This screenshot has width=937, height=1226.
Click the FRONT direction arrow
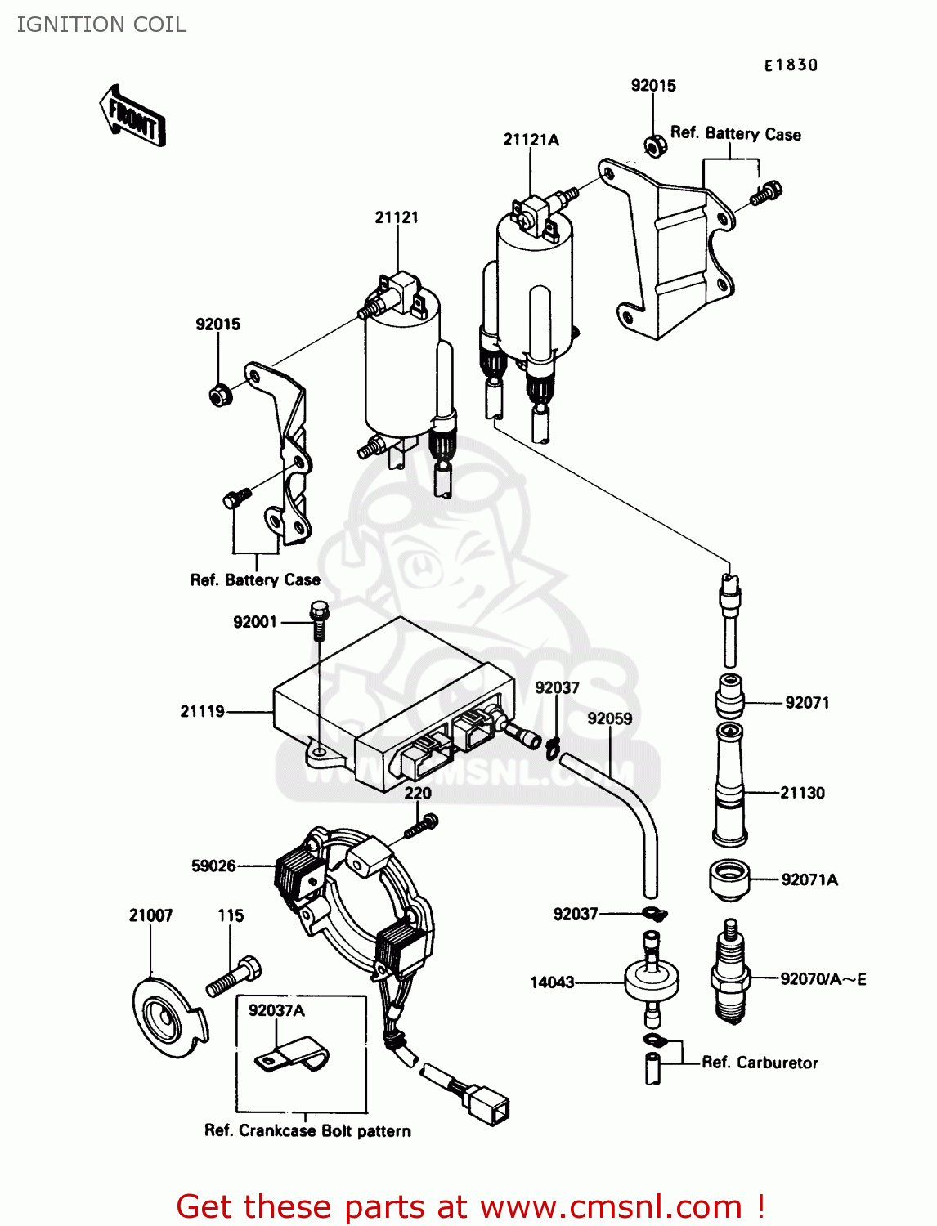pyautogui.click(x=133, y=117)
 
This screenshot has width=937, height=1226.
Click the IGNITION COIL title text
pyautogui.click(x=101, y=25)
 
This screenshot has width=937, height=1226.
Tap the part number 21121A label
pyautogui.click(x=531, y=140)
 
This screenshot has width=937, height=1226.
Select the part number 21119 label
pyautogui.click(x=202, y=711)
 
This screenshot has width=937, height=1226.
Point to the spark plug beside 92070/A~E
pyautogui.click(x=730, y=973)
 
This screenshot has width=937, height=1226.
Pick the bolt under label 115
pyautogui.click(x=233, y=977)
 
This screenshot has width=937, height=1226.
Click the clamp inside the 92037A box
pyautogui.click(x=292, y=1055)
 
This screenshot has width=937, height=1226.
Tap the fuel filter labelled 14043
pyautogui.click(x=652, y=979)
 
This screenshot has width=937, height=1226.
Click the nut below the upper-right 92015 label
pyautogui.click(x=654, y=146)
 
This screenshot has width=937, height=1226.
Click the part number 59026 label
pyautogui.click(x=213, y=866)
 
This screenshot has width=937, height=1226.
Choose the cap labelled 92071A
pyautogui.click(x=729, y=880)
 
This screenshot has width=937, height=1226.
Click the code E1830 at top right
pyautogui.click(x=791, y=65)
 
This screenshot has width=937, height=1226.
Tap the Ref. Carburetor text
pyautogui.click(x=760, y=1063)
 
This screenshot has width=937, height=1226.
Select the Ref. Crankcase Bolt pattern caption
pyautogui.click(x=307, y=1131)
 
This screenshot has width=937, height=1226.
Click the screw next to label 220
pyautogui.click(x=421, y=826)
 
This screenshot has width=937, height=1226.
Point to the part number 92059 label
pyautogui.click(x=609, y=718)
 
